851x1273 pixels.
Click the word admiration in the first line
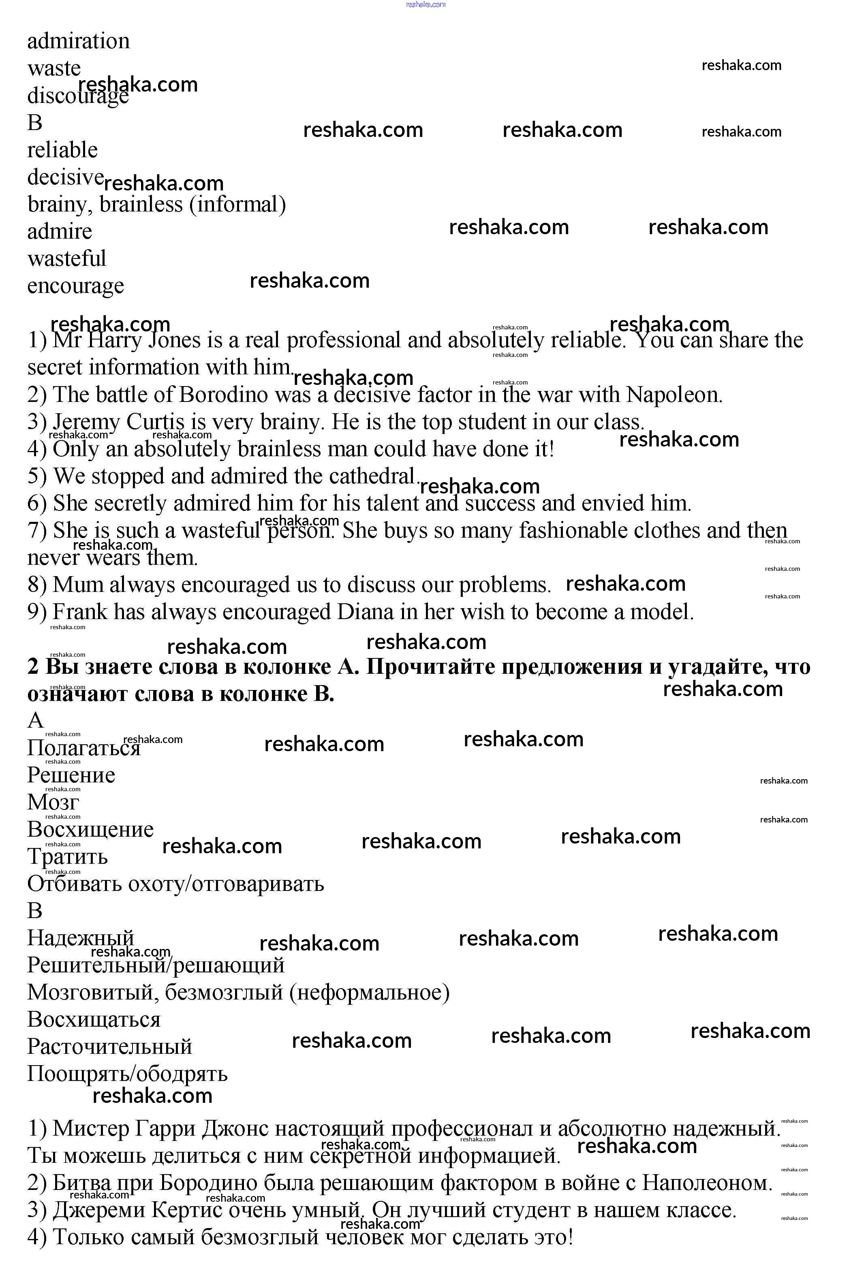coord(78,42)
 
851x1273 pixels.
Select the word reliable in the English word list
coord(62,150)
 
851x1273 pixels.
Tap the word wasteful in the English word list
coord(67,259)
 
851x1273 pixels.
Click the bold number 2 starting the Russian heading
coord(33,667)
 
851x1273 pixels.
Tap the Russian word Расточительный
coord(110,1047)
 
